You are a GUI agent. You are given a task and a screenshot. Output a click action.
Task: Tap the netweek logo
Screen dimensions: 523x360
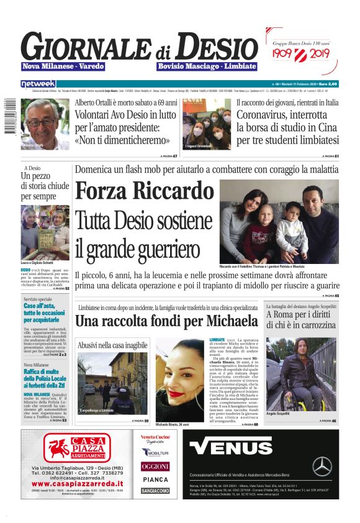tap(38, 83)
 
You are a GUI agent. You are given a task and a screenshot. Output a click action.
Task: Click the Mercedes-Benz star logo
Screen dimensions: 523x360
tap(322, 466)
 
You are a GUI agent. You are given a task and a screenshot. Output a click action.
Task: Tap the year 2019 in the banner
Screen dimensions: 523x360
tap(317, 54)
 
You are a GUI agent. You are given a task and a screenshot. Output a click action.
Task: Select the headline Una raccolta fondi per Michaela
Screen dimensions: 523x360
tap(166, 321)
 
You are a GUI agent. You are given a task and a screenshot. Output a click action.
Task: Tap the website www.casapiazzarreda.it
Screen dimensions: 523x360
tap(77, 483)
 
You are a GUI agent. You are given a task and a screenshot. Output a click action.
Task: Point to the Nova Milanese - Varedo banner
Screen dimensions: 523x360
tap(63, 66)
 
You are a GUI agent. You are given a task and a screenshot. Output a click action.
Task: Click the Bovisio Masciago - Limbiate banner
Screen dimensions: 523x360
tap(207, 66)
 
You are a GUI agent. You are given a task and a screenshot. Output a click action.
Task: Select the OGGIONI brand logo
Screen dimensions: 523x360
tap(155, 466)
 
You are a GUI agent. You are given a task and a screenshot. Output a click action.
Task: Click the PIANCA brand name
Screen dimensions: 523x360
tap(155, 479)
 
